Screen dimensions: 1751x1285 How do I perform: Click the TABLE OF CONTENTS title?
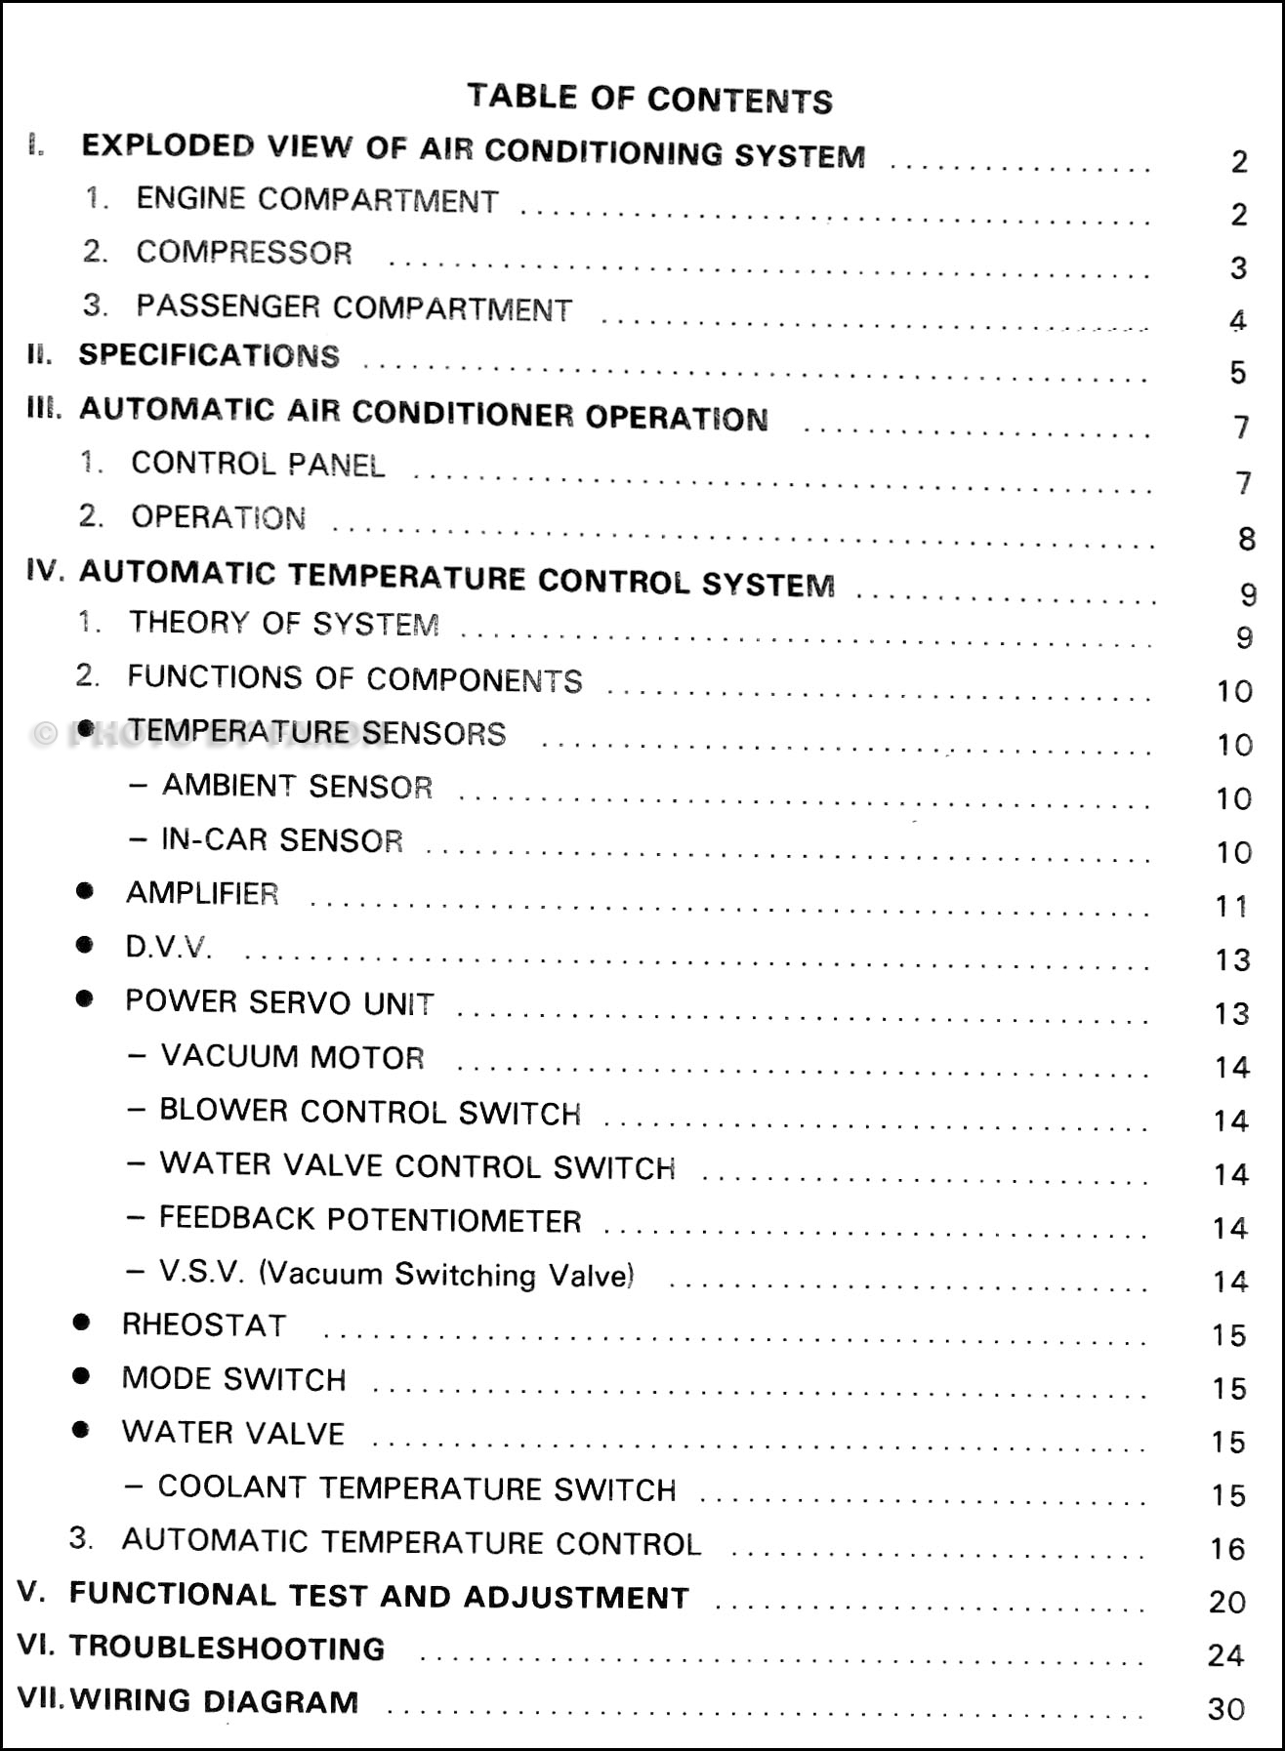point(649,98)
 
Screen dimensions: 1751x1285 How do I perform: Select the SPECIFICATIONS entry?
point(209,355)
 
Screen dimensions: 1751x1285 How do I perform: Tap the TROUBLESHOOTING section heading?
point(227,1648)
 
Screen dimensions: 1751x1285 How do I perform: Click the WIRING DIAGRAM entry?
point(214,1701)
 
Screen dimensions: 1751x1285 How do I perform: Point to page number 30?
point(1226,1709)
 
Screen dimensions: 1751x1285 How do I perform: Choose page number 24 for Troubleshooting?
point(1226,1655)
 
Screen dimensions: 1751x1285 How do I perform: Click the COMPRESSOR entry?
point(244,253)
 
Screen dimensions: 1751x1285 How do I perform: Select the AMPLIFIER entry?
point(202,893)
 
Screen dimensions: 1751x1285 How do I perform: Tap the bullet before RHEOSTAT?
point(82,1323)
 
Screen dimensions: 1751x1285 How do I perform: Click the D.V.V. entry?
point(168,947)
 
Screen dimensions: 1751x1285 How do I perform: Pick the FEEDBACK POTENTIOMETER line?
point(370,1220)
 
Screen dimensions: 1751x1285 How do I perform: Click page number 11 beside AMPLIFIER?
point(1231,907)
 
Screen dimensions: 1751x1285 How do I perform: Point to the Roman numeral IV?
point(45,571)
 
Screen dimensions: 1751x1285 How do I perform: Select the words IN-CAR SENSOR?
point(282,840)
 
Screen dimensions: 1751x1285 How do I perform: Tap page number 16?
point(1227,1549)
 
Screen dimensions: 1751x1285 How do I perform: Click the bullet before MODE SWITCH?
point(82,1376)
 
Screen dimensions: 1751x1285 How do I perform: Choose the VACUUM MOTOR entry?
point(292,1057)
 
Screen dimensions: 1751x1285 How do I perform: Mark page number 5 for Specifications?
point(1238,373)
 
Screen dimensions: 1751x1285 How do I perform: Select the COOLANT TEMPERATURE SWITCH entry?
point(417,1488)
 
